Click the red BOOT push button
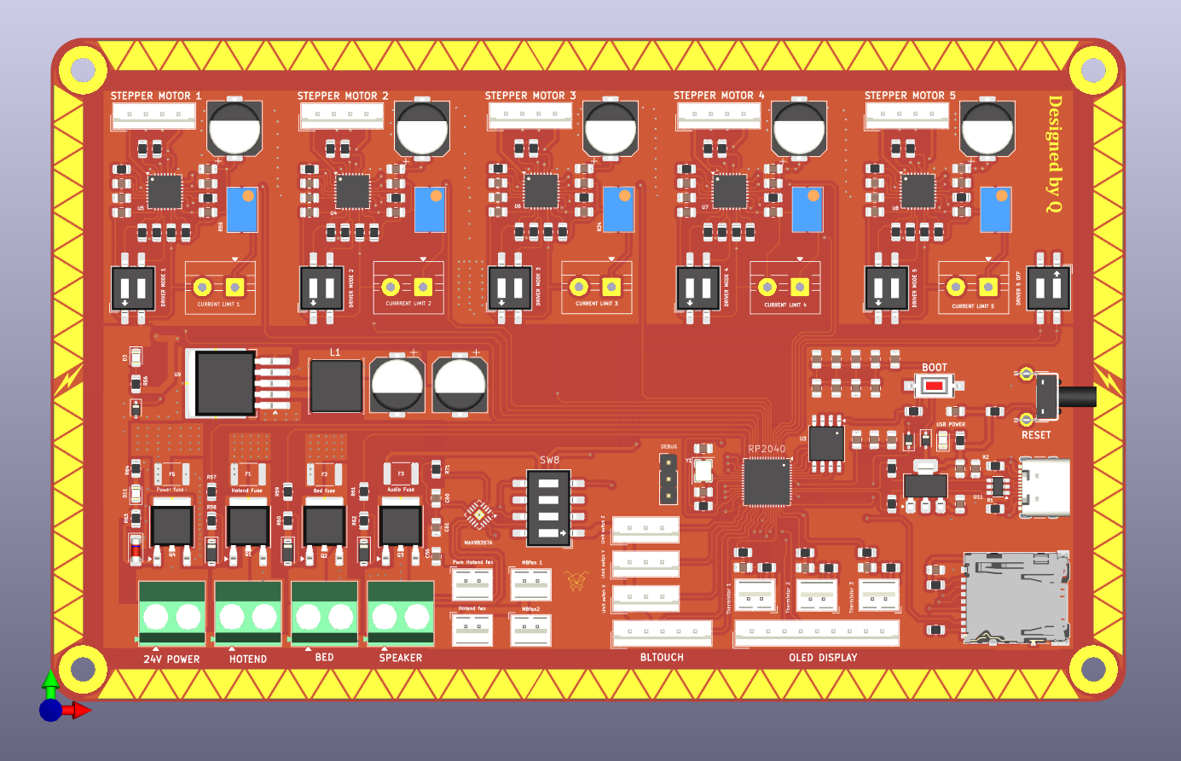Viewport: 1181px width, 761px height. [x=935, y=386]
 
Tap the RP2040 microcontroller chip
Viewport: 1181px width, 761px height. [x=767, y=482]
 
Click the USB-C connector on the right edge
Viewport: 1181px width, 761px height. [x=1045, y=487]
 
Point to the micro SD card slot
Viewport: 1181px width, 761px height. [x=1016, y=596]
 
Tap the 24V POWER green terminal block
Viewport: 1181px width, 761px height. [x=171, y=613]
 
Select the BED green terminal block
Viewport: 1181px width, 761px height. [x=324, y=613]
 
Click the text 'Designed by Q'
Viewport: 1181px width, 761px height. [x=1055, y=154]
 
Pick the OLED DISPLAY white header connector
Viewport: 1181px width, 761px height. [x=817, y=632]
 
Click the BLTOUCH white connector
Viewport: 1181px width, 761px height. [x=662, y=633]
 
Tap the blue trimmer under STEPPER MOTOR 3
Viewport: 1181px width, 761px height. [x=618, y=209]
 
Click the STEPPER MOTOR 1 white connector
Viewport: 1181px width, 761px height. [x=153, y=117]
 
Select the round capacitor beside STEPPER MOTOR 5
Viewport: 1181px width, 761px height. [x=987, y=129]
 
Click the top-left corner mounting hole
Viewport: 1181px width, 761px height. [x=83, y=69]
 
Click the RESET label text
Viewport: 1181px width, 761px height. [x=1036, y=435]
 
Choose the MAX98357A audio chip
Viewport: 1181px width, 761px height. [x=478, y=515]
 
